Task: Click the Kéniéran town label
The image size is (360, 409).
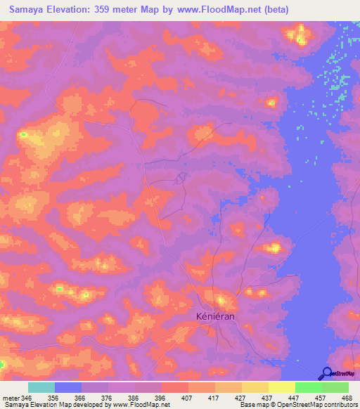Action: click(x=214, y=317)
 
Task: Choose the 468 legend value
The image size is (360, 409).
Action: click(x=347, y=398)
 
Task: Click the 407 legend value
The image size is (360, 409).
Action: click(x=186, y=398)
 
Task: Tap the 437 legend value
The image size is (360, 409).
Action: click(x=266, y=398)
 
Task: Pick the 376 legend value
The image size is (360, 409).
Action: click(x=107, y=398)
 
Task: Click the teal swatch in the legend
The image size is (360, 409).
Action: click(x=41, y=387)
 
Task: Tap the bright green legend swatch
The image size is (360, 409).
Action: click(x=309, y=387)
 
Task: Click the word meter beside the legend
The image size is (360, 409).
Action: click(x=11, y=398)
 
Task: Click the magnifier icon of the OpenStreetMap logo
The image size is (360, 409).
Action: click(x=327, y=374)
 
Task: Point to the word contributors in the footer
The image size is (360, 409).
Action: click(x=339, y=405)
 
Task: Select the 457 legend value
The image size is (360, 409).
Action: click(x=320, y=398)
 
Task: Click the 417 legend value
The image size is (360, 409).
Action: click(x=213, y=398)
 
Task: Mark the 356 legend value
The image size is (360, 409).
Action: click(x=53, y=398)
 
